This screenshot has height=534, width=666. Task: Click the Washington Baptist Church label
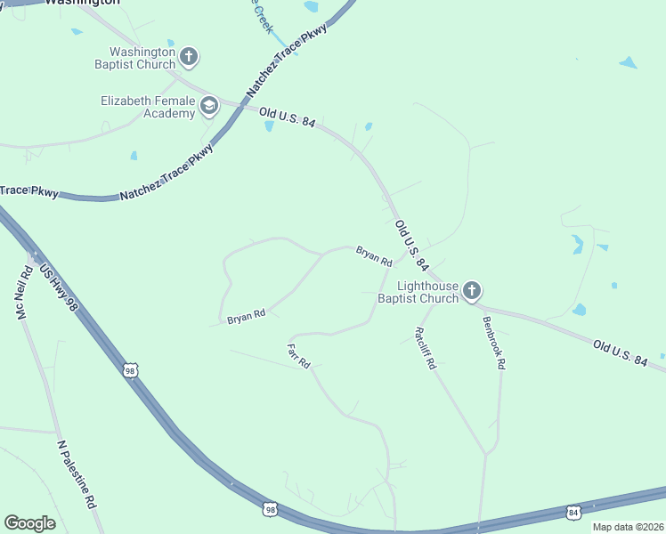(137, 58)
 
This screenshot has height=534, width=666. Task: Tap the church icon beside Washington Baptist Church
(188, 58)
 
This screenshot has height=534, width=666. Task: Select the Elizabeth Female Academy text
(148, 107)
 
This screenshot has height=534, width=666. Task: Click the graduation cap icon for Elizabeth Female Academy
(209, 107)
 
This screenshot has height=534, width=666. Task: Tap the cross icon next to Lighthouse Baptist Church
(472, 291)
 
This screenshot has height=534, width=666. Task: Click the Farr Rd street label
(298, 355)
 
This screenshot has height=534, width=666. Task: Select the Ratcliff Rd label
(425, 349)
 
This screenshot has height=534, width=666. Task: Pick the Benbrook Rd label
(494, 343)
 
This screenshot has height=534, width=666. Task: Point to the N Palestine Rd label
(77, 473)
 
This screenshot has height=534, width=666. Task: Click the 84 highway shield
(573, 513)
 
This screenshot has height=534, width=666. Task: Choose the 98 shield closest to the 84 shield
(271, 509)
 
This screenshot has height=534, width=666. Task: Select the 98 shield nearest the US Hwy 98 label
(130, 370)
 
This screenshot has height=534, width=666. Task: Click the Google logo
(29, 523)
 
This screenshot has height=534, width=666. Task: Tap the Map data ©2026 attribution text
(629, 527)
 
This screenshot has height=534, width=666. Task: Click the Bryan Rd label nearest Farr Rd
(247, 316)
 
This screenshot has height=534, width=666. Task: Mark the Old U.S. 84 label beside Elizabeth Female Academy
(287, 116)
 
